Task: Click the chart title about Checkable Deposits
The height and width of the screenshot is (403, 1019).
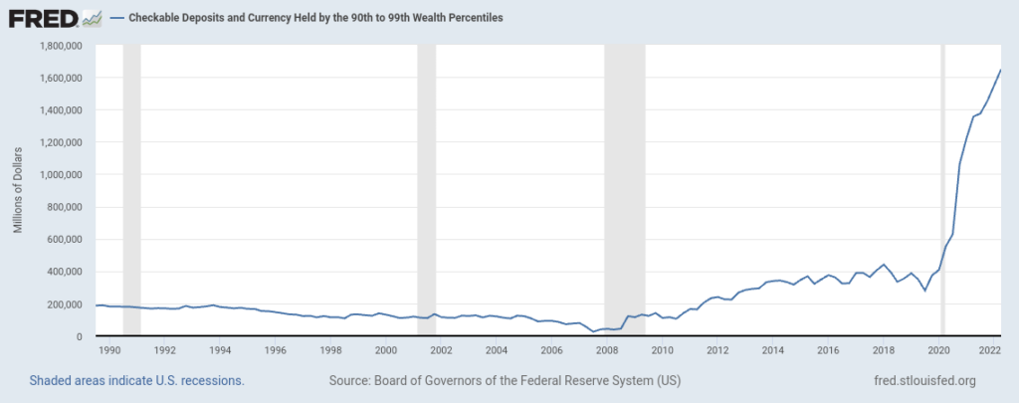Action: (x=316, y=18)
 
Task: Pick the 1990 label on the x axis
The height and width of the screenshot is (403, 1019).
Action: (x=109, y=350)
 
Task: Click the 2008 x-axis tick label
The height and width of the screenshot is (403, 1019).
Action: (x=607, y=350)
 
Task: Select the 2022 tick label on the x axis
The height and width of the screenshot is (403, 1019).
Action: (x=989, y=350)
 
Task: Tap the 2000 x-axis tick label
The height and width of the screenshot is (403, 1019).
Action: (x=386, y=350)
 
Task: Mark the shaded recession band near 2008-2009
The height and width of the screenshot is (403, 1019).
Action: (x=625, y=189)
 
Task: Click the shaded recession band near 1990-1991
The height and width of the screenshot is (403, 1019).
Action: (x=131, y=189)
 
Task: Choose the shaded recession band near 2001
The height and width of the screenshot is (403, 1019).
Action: (x=427, y=189)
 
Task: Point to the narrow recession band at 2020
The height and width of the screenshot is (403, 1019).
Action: (x=942, y=189)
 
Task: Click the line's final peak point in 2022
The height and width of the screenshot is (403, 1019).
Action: (x=1000, y=70)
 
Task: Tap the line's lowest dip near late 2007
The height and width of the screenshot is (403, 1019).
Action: (x=594, y=331)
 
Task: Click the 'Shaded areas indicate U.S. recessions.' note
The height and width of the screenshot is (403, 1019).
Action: (x=137, y=381)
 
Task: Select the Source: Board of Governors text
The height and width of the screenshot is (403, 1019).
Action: (x=505, y=381)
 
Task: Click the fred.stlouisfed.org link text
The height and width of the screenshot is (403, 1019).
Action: (x=922, y=381)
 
